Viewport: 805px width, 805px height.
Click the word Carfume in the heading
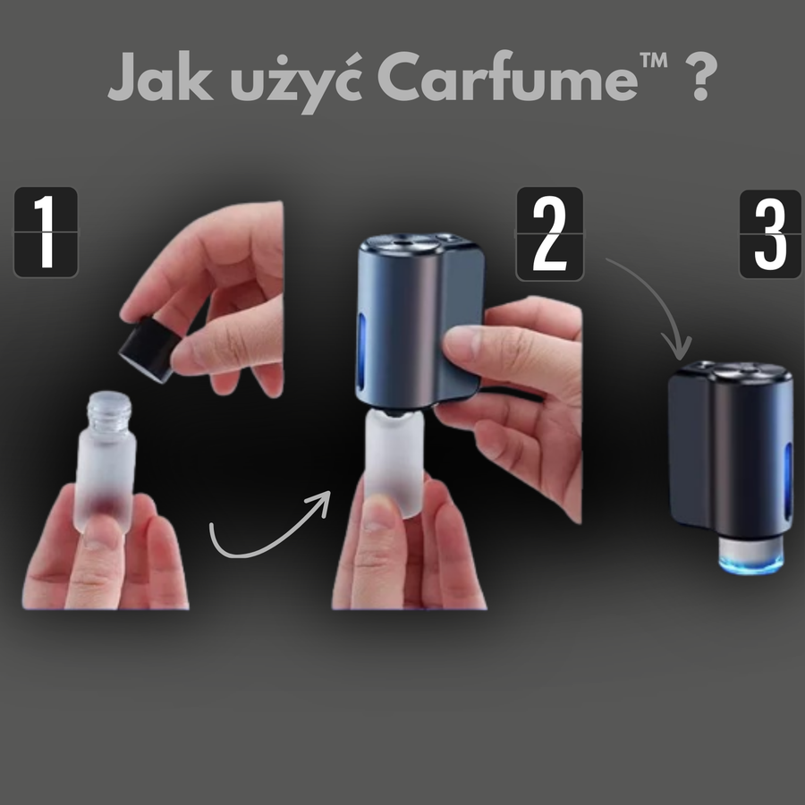click(x=507, y=75)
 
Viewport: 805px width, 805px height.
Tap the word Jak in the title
click(x=160, y=75)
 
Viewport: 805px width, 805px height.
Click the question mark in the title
click(x=700, y=75)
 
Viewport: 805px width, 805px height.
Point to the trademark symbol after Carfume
click(x=654, y=60)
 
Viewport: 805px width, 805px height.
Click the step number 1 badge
click(x=46, y=232)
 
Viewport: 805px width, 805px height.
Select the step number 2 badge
click(x=549, y=234)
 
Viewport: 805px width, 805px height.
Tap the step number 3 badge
click(x=770, y=234)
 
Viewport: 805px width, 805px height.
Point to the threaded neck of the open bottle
click(x=109, y=411)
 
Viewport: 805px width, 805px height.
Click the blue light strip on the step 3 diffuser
click(x=788, y=476)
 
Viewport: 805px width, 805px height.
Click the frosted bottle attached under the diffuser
click(x=394, y=463)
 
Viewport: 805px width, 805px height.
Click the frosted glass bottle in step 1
click(x=106, y=462)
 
